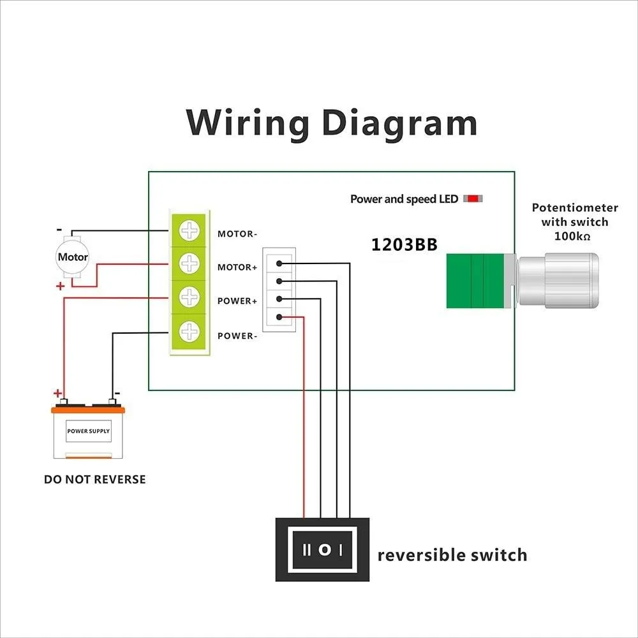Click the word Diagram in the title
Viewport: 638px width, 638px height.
pyautogui.click(x=399, y=124)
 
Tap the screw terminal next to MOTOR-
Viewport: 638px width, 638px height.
pyautogui.click(x=189, y=230)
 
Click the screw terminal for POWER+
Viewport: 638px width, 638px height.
pyautogui.click(x=189, y=297)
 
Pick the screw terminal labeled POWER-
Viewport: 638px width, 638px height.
pyautogui.click(x=189, y=331)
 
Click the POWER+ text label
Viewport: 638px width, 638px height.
pyautogui.click(x=237, y=301)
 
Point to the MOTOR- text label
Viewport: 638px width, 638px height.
pyautogui.click(x=237, y=234)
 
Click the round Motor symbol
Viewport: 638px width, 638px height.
pyautogui.click(x=73, y=258)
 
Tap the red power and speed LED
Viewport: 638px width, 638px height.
pyautogui.click(x=473, y=199)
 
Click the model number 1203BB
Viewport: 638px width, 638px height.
pyautogui.click(x=404, y=245)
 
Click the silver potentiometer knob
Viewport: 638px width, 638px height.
pyautogui.click(x=559, y=281)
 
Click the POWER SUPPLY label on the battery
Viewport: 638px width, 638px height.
pyautogui.click(x=89, y=431)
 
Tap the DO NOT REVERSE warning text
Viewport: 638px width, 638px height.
pyautogui.click(x=95, y=479)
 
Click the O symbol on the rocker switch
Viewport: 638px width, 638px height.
pyautogui.click(x=324, y=549)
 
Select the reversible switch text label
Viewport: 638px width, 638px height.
pyautogui.click(x=452, y=555)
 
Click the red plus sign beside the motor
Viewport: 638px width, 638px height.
pyautogui.click(x=61, y=286)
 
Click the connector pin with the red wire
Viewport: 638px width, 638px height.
pyautogui.click(x=279, y=316)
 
